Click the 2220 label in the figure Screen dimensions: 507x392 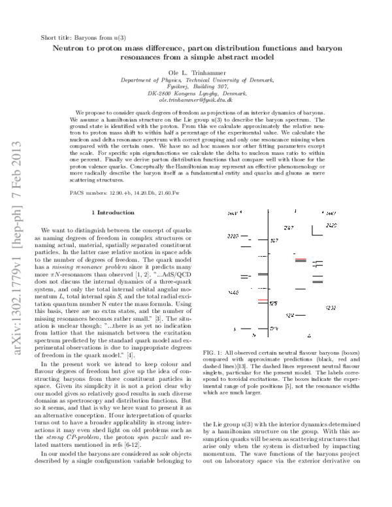pos(233,235)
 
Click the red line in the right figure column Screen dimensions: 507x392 pos(301,260)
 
